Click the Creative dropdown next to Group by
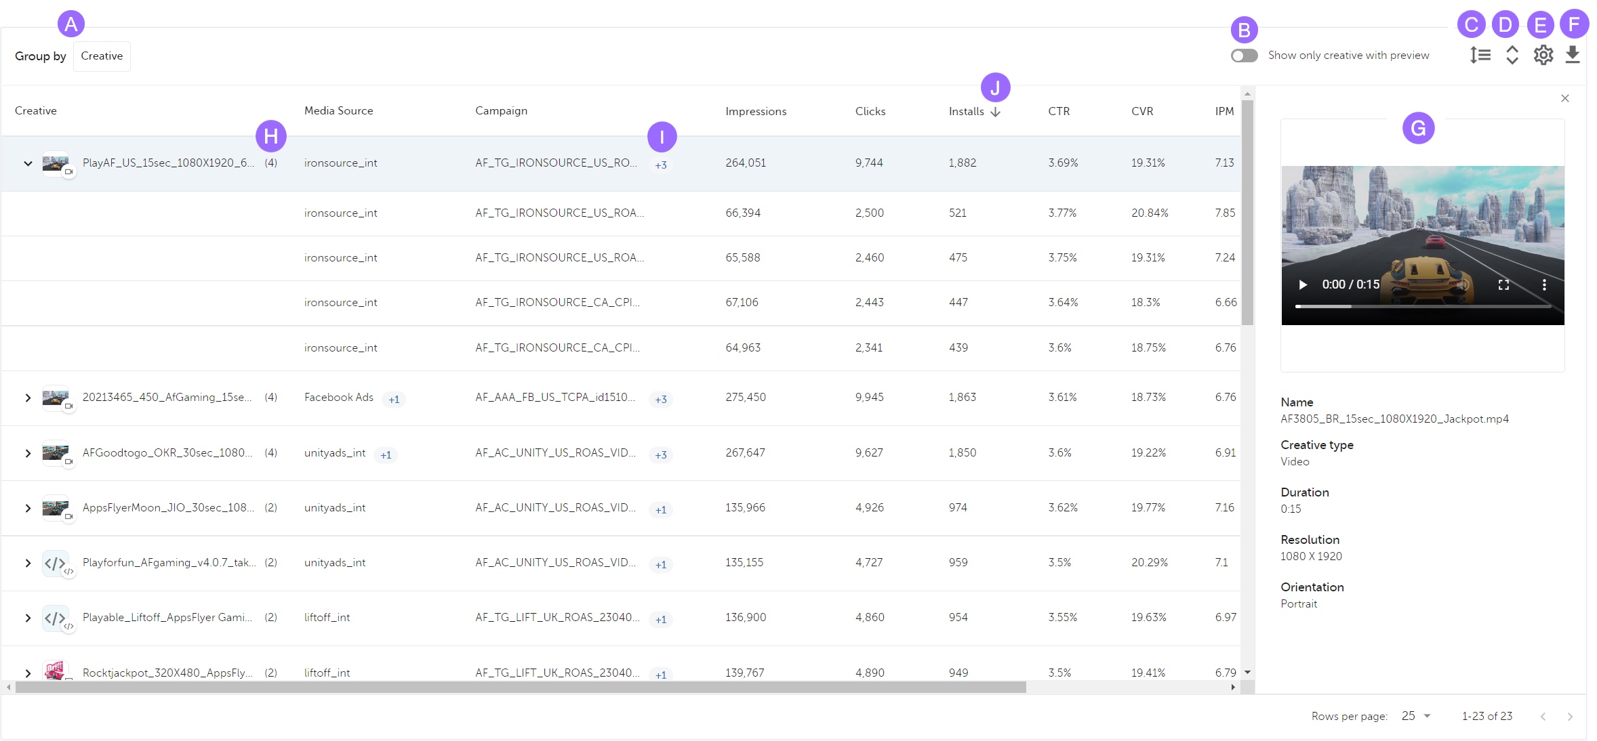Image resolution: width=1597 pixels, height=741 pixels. pyautogui.click(x=102, y=56)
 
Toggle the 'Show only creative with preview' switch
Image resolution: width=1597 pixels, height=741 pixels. pyautogui.click(x=1244, y=56)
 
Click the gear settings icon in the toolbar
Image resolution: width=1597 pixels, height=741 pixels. pyautogui.click(x=1543, y=55)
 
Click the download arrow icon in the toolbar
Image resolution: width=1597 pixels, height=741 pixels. pyautogui.click(x=1573, y=55)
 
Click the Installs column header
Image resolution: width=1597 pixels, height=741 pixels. pyautogui.click(x=967, y=111)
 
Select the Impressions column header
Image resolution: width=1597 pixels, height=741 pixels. pyautogui.click(x=756, y=111)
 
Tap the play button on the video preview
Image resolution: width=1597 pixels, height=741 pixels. pyautogui.click(x=1302, y=284)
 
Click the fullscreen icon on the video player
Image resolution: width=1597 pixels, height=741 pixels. pyautogui.click(x=1503, y=284)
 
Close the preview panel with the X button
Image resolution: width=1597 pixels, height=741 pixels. pyautogui.click(x=1565, y=98)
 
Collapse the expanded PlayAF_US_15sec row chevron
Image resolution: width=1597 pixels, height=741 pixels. pyautogui.click(x=28, y=163)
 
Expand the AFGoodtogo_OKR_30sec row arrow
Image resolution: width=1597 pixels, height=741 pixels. pyautogui.click(x=28, y=453)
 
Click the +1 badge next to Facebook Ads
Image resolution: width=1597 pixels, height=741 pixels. pyautogui.click(x=394, y=400)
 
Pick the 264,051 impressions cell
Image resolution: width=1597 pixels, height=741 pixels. pyautogui.click(x=746, y=163)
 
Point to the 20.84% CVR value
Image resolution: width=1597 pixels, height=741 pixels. pyautogui.click(x=1150, y=213)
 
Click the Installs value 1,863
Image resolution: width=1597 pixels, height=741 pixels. pyautogui.click(x=962, y=397)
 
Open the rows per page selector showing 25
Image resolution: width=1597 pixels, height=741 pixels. pyautogui.click(x=1416, y=716)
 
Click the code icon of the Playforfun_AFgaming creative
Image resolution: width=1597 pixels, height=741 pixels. pyautogui.click(x=55, y=563)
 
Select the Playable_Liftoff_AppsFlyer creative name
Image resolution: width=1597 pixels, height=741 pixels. pyautogui.click(x=167, y=617)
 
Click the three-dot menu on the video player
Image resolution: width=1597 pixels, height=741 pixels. pyautogui.click(x=1544, y=284)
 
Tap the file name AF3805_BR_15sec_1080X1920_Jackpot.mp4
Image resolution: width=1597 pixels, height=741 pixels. pyautogui.click(x=1394, y=419)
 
